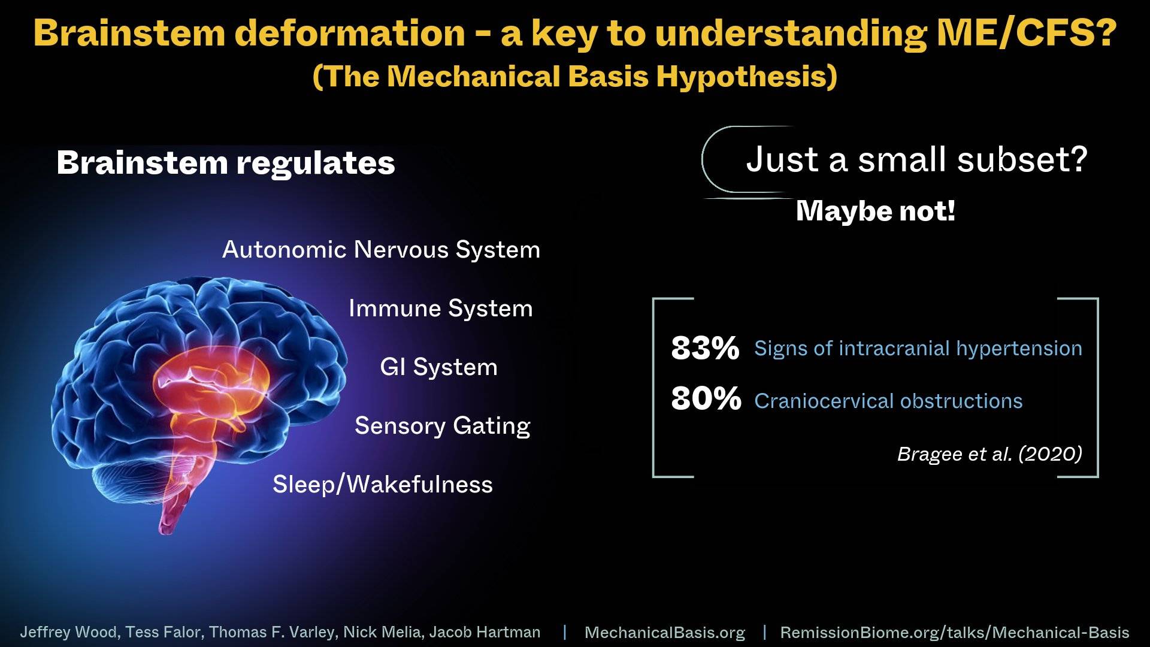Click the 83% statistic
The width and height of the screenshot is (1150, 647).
point(705,348)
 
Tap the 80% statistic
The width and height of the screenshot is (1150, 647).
point(706,398)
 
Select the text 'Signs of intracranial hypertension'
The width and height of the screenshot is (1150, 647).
point(918,349)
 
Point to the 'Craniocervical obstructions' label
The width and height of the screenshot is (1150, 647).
point(888,401)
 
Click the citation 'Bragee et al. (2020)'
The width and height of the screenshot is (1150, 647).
point(989,454)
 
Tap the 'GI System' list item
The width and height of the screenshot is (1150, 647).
point(439,367)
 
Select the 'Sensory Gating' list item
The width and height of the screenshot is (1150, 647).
point(443,426)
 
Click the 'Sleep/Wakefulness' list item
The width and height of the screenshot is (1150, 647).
point(383,484)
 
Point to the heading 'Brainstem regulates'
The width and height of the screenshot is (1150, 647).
point(226,163)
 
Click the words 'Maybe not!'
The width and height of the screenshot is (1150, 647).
point(876,211)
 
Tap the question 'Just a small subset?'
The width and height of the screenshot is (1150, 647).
point(916,160)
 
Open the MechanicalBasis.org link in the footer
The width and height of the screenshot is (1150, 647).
point(665,633)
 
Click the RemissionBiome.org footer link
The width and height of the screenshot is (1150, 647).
point(955,633)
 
